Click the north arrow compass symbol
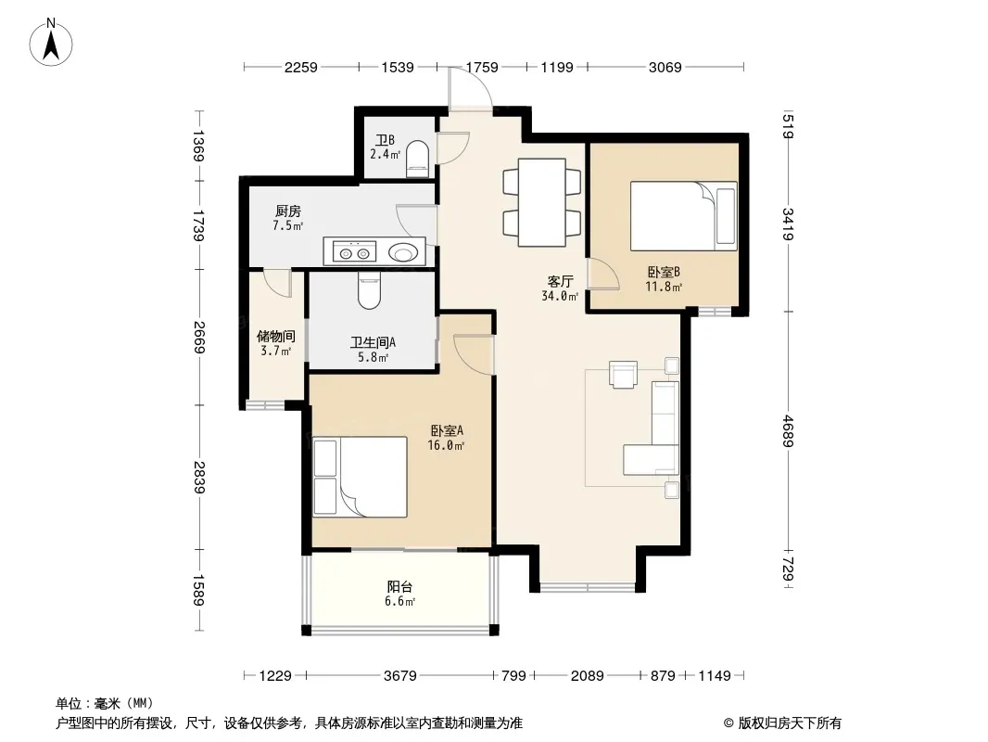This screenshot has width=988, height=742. [51, 43]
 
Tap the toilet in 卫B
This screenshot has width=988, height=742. [417, 159]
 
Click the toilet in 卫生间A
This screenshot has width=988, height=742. [369, 290]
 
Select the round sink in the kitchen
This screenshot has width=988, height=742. [403, 253]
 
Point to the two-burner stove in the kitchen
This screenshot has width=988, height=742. [355, 253]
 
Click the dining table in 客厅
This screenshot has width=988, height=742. [542, 202]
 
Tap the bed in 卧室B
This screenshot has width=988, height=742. [684, 216]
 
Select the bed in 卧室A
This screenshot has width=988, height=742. [360, 477]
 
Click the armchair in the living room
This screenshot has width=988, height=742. [623, 374]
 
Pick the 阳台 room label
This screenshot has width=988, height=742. [399, 587]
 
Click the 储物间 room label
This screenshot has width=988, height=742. [276, 337]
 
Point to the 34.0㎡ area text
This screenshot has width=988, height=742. [560, 296]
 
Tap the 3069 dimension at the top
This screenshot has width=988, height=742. [665, 67]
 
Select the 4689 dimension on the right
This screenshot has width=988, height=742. [788, 431]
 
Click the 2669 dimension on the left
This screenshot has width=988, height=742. [199, 338]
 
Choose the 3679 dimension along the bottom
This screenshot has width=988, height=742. [400, 676]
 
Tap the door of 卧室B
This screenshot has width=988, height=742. [603, 275]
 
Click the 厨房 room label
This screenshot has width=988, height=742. [288, 211]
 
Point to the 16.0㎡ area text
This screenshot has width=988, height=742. [446, 446]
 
